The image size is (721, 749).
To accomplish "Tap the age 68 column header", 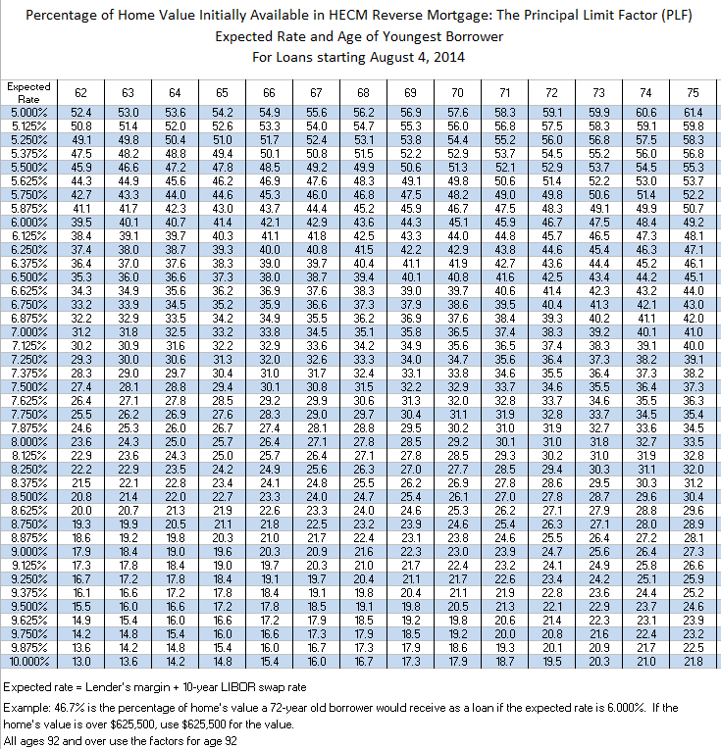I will coord(364,92).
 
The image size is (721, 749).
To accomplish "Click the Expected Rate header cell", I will coord(29,92).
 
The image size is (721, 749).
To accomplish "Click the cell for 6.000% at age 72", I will coord(552,223).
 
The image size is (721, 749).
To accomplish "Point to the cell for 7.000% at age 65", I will coord(223,332).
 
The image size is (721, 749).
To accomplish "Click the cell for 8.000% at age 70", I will coord(458,442).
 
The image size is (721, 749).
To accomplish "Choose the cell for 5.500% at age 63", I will coord(129,168).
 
